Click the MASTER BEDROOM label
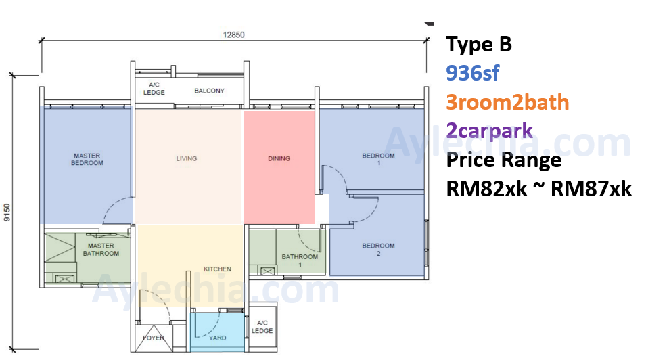tap(87, 159)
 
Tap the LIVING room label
tap(187, 158)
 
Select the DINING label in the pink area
tap(279, 158)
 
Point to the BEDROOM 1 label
tap(378, 159)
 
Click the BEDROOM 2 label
tap(378, 250)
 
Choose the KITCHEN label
tap(217, 269)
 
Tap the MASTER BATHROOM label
tap(101, 250)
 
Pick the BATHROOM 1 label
tap(300, 261)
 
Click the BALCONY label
tap(209, 91)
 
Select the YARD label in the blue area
tap(218, 338)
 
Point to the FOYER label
tap(154, 338)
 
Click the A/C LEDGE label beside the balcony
tap(154, 88)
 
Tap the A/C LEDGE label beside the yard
tap(262, 327)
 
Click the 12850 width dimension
tap(233, 35)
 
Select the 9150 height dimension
tap(7, 212)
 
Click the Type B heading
tap(479, 45)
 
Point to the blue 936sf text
tap(473, 73)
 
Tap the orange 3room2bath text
tap(507, 102)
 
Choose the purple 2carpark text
tap(490, 131)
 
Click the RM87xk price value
tap(591, 189)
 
